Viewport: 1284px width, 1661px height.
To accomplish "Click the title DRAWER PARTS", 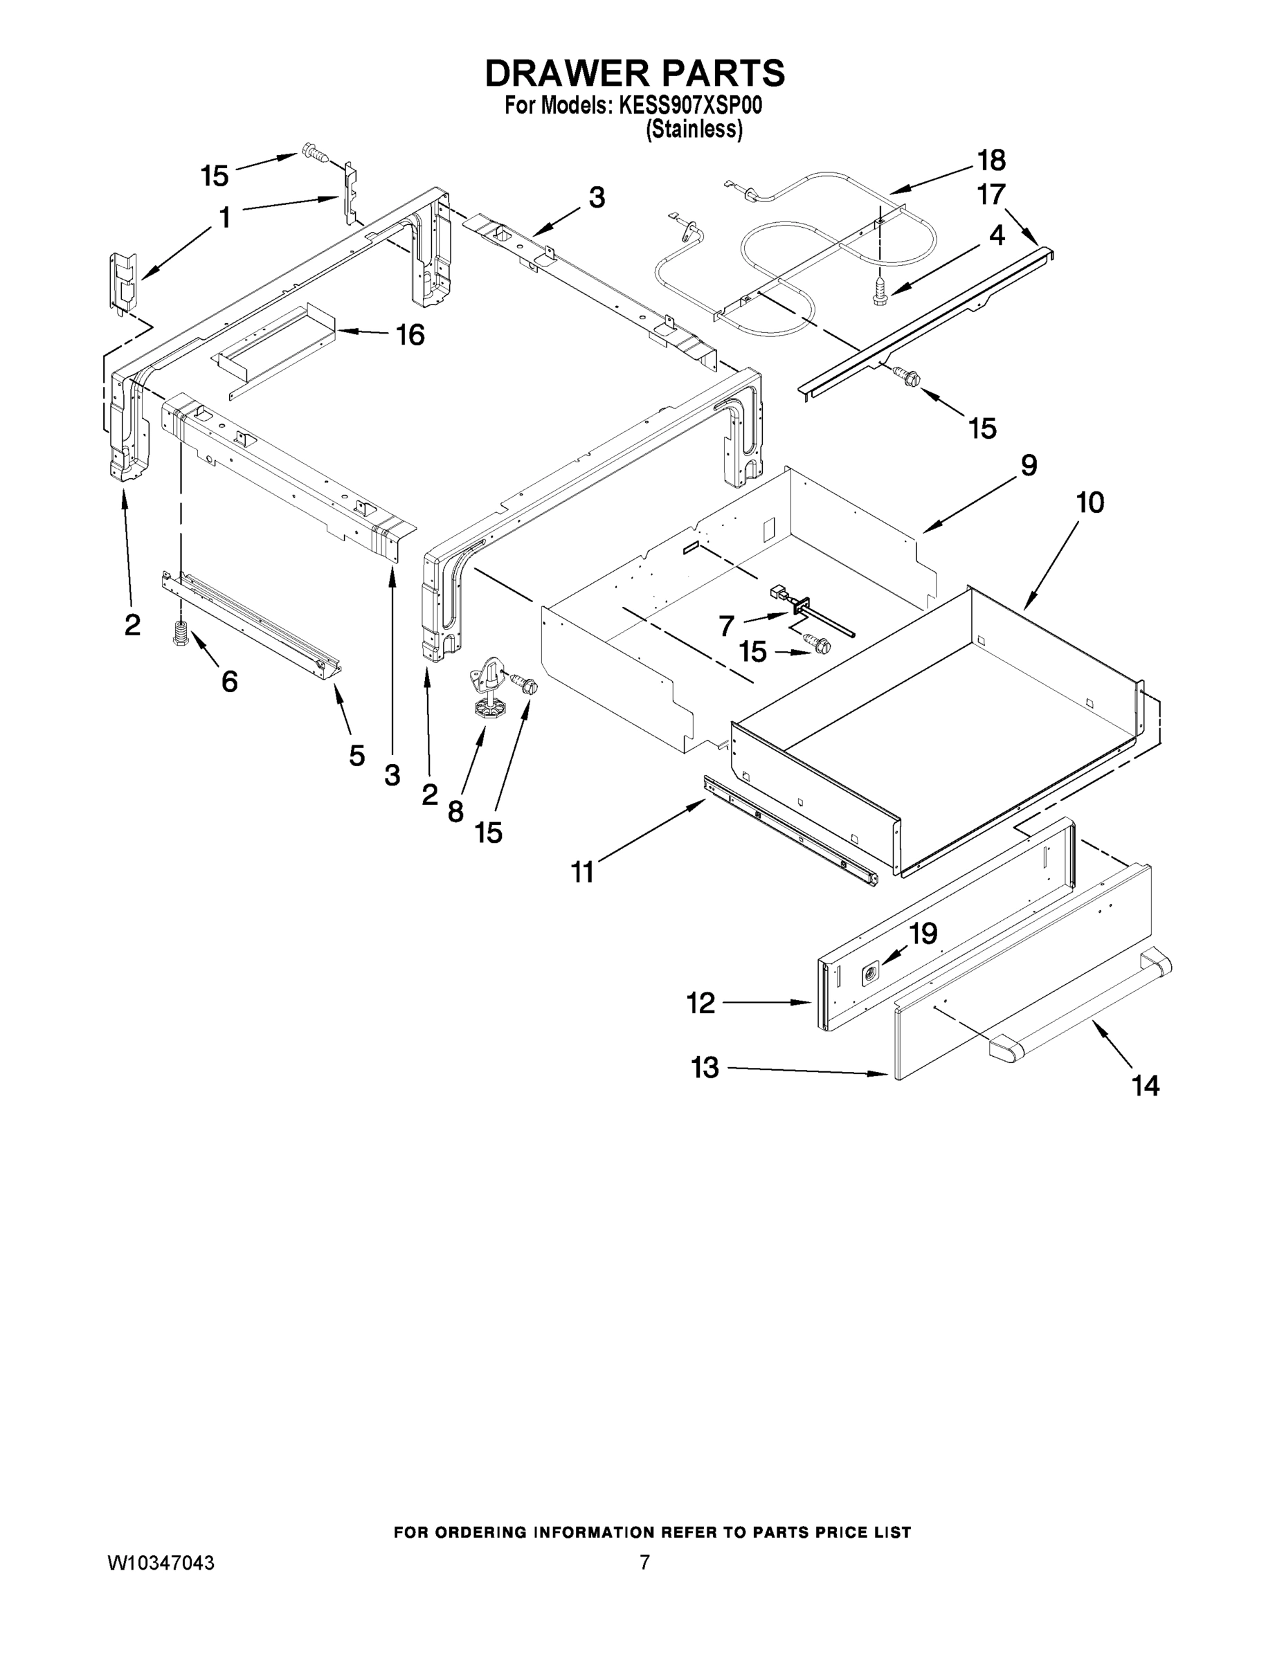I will (x=635, y=74).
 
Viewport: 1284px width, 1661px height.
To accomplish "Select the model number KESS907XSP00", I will (x=691, y=106).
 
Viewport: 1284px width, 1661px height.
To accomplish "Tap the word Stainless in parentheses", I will (x=694, y=130).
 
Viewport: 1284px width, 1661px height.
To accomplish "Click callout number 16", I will (x=410, y=335).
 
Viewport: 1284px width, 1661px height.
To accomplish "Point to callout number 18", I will (x=991, y=161).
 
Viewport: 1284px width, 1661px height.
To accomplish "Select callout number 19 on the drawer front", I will (x=923, y=934).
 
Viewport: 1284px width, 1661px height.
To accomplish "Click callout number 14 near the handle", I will (x=1146, y=1085).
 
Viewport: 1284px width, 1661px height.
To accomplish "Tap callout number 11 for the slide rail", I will (x=583, y=872).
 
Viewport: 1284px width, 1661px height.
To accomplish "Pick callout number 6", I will (x=229, y=681).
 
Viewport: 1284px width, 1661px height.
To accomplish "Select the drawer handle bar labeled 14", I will (x=1080, y=1005).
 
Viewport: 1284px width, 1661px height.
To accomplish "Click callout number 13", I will (x=705, y=1068).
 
